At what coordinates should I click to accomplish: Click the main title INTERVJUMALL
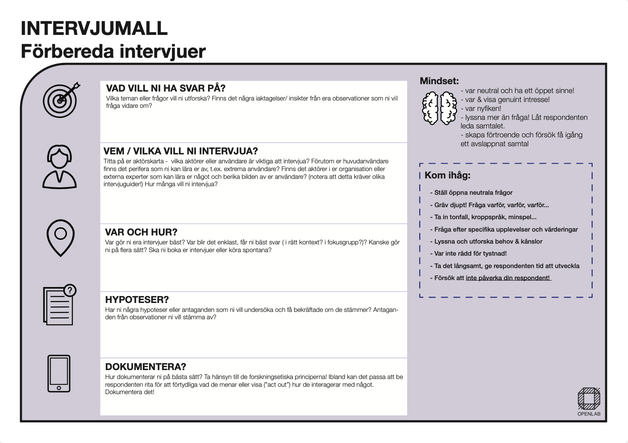(94, 28)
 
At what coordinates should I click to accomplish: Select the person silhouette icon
(59, 167)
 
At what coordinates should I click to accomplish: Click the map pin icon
(61, 237)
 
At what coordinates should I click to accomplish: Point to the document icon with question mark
(59, 305)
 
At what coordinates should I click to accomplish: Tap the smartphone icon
(59, 374)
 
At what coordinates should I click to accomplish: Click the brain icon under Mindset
(439, 108)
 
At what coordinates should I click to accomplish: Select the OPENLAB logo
(589, 401)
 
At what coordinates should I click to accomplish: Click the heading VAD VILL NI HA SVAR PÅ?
(166, 88)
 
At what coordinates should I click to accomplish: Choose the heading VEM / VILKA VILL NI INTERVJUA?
(180, 151)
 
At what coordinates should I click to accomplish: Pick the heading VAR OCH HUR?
(141, 232)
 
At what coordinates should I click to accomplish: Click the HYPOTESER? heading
(137, 299)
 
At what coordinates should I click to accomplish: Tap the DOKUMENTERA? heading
(146, 367)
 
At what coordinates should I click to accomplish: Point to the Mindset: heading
(439, 81)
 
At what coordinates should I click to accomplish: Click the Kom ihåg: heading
(447, 175)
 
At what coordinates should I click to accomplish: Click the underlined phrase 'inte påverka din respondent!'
(508, 278)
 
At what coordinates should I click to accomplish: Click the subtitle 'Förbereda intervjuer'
(113, 52)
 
